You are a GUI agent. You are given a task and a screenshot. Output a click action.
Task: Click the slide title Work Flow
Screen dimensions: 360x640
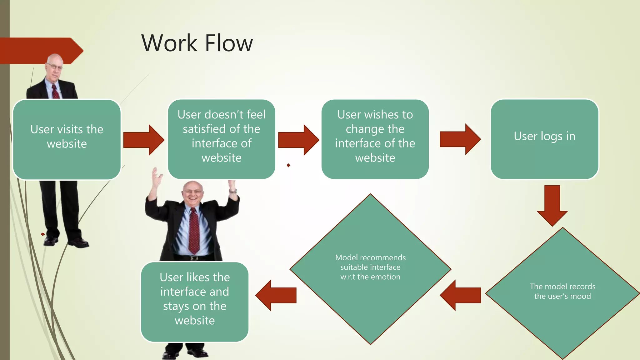click(197, 43)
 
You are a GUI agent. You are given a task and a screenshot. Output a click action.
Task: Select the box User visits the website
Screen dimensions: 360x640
click(67, 139)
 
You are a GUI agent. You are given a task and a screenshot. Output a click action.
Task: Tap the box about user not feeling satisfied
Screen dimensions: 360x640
click(221, 139)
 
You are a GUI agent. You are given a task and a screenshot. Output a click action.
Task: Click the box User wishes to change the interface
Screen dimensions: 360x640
click(375, 139)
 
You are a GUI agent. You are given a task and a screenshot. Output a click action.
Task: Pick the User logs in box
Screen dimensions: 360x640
click(544, 139)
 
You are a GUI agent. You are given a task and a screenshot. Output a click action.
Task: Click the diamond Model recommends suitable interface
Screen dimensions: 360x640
click(370, 269)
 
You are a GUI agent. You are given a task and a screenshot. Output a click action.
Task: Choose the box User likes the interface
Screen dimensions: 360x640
click(194, 302)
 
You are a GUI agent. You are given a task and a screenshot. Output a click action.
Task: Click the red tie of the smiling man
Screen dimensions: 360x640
click(194, 231)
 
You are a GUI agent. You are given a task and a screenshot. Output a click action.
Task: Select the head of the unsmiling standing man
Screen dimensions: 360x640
click(54, 66)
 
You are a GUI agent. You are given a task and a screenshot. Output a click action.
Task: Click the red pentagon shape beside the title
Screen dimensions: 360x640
click(41, 51)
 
